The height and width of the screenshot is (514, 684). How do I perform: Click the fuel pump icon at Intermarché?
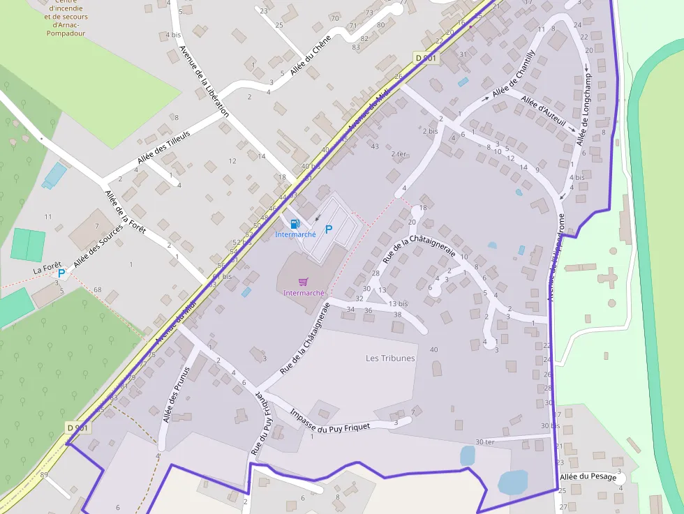(x=295, y=224)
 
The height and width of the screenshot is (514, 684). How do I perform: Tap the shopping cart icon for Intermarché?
(x=303, y=282)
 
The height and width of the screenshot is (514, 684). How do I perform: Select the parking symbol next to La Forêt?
(x=61, y=274)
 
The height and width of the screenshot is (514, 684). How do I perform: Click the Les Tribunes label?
(x=390, y=358)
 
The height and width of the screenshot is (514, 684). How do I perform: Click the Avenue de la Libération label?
(x=204, y=80)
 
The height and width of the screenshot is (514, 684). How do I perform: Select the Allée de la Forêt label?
(x=124, y=212)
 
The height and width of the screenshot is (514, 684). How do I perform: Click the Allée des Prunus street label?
(x=176, y=395)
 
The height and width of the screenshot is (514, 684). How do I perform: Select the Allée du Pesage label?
(x=588, y=477)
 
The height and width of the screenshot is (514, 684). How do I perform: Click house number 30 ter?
(x=484, y=441)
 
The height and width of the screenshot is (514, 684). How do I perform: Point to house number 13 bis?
(x=398, y=303)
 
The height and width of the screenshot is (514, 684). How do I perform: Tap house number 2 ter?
(x=399, y=153)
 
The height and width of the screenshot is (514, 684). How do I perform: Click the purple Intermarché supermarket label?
(x=304, y=293)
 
